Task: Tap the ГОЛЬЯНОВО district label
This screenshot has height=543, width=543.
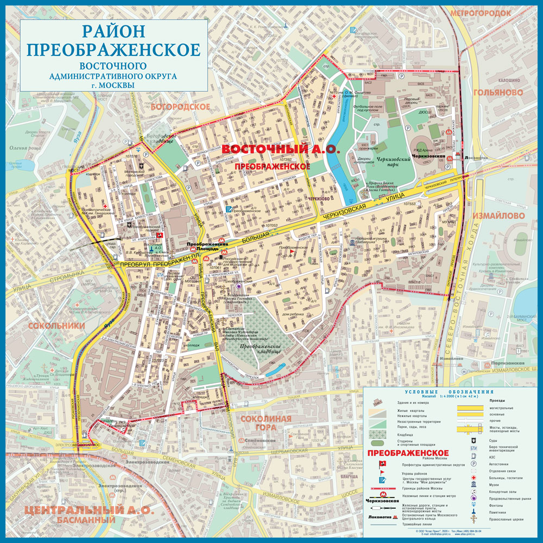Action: [x=497, y=93]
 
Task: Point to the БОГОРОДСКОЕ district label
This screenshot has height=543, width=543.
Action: [x=180, y=106]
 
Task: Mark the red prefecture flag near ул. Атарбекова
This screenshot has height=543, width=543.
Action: [x=160, y=235]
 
